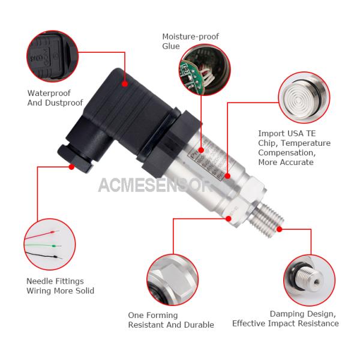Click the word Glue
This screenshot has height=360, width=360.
coord(171,46)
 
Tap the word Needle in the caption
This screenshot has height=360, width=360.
coord(40,281)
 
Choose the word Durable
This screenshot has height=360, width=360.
coord(197,325)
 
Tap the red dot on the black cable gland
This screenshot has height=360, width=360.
coord(71,167)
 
